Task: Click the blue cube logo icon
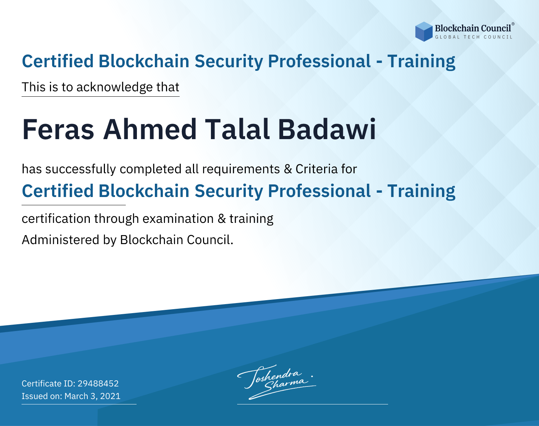[x=424, y=32]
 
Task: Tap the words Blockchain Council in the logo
[x=473, y=28]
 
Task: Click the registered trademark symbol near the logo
[x=513, y=24]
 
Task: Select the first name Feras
[x=58, y=129]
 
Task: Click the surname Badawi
[x=327, y=129]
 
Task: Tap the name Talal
[x=237, y=129]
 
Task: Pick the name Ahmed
[x=150, y=129]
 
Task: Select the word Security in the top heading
[x=229, y=61]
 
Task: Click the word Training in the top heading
[x=421, y=61]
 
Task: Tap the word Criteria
[x=316, y=169]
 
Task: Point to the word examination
[x=178, y=219]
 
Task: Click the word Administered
[x=60, y=240]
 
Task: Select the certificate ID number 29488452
[x=98, y=384]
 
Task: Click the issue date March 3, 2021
[x=92, y=396]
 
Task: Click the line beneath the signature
[x=313, y=404]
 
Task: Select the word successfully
[x=80, y=169]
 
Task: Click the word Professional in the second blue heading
[x=319, y=191]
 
